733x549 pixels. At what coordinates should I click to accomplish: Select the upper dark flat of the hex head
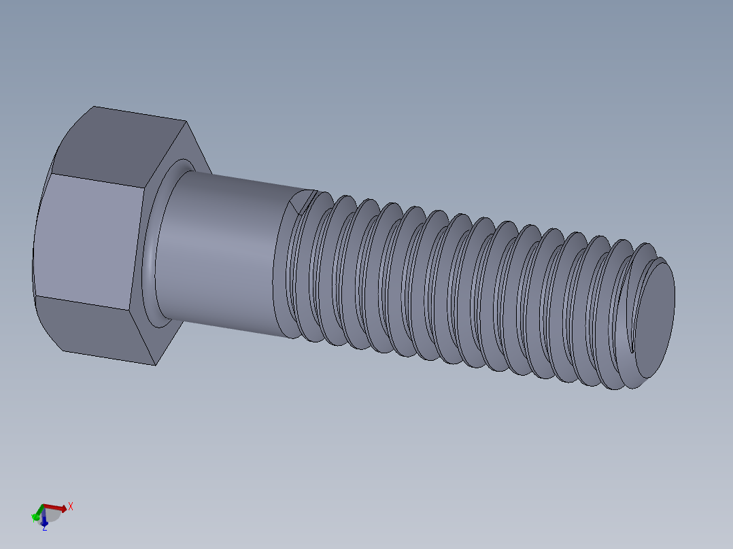point(119,146)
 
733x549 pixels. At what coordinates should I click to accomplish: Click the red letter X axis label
point(71,506)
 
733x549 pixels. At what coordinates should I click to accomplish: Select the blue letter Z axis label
point(45,528)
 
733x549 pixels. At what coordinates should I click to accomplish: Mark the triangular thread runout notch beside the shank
point(301,202)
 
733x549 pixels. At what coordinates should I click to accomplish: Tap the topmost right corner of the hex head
point(186,122)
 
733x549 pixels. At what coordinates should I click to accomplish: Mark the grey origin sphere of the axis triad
point(52,516)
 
